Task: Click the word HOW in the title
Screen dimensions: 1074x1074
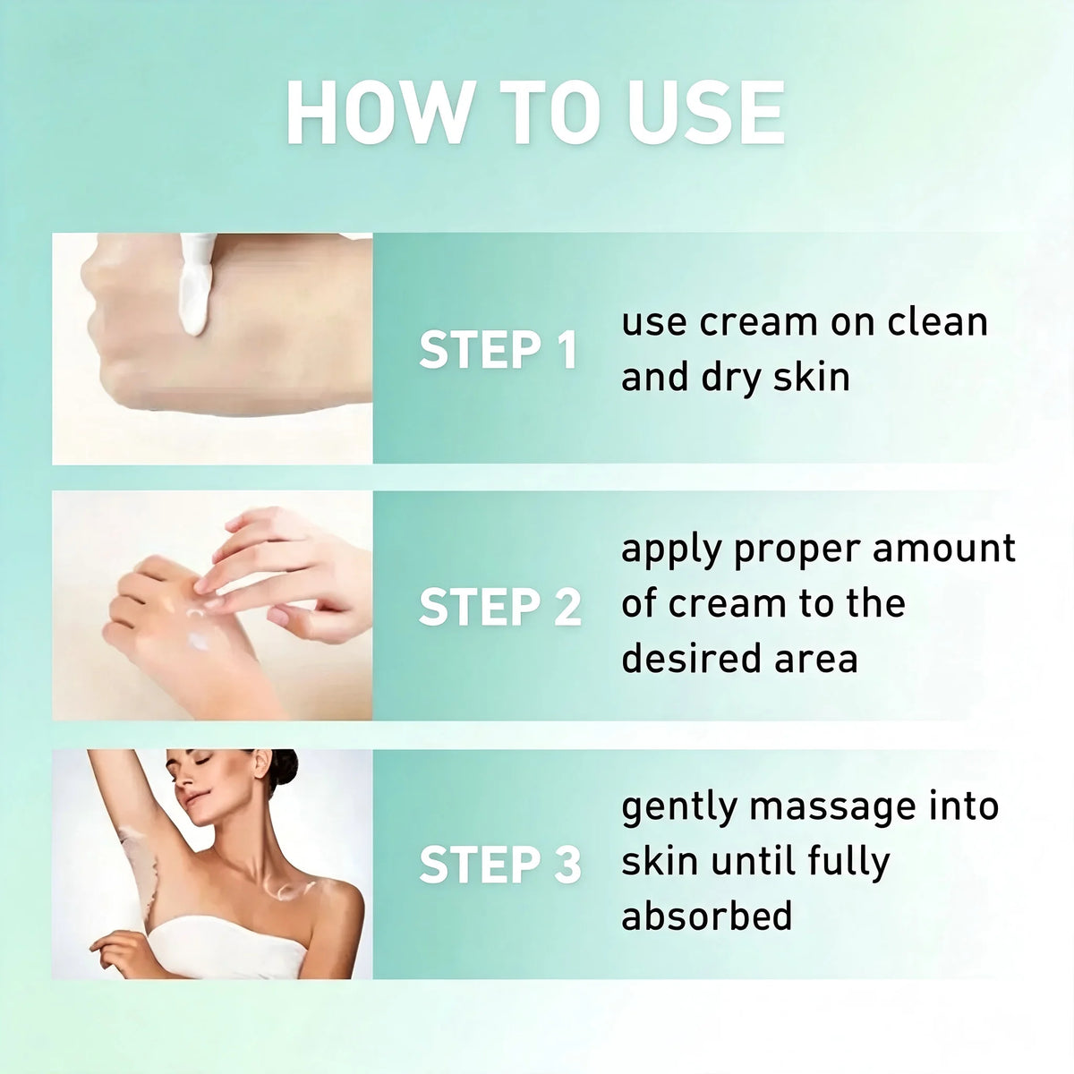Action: (379, 113)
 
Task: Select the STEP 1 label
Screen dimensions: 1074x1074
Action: (499, 350)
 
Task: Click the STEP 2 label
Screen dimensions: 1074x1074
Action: (500, 607)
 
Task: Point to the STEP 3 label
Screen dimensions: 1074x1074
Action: (500, 865)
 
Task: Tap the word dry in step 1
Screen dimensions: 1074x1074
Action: (731, 379)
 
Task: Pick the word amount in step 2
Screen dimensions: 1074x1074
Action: (943, 549)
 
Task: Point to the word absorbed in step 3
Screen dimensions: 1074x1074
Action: (706, 915)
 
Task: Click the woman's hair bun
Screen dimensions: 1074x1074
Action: (285, 767)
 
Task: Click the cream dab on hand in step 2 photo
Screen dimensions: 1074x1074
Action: (199, 641)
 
